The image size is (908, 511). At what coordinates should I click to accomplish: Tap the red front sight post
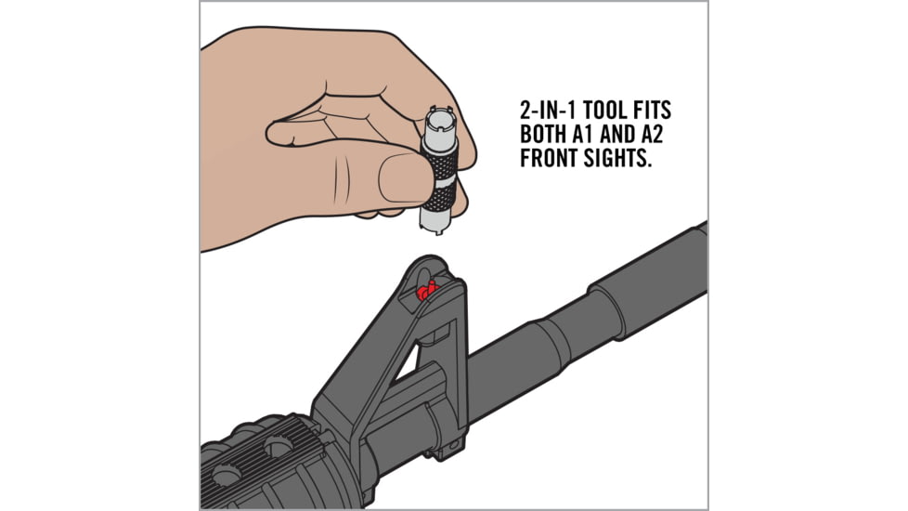coord(427,292)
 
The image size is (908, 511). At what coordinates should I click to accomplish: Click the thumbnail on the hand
coord(401,175)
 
